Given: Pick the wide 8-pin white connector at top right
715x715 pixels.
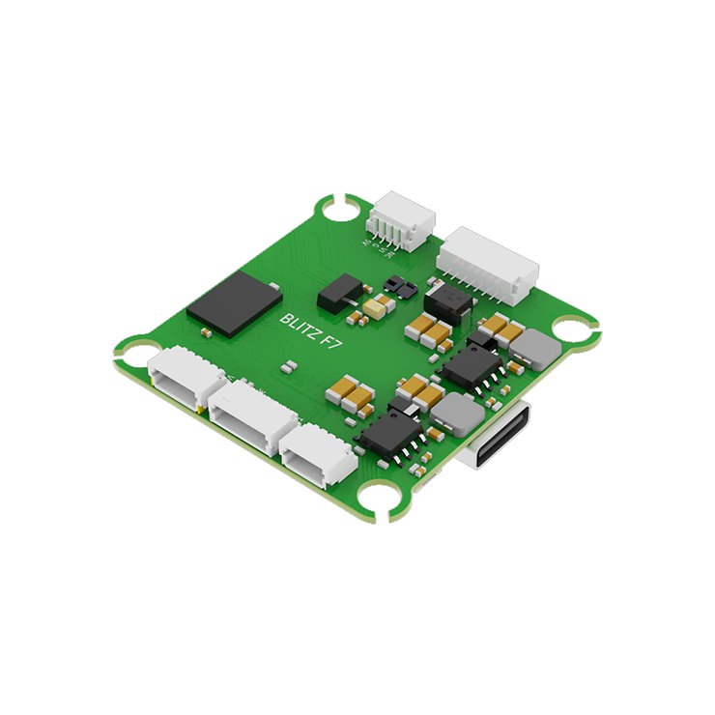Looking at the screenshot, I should pyautogui.click(x=486, y=262).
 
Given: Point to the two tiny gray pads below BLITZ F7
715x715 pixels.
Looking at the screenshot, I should pyautogui.click(x=288, y=366).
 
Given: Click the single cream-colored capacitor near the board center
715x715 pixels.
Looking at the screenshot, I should pyautogui.click(x=377, y=307).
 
